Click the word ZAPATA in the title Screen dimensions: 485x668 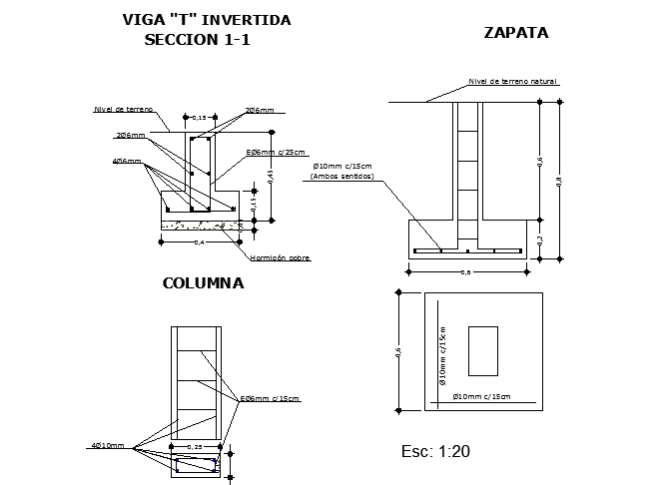coord(515,32)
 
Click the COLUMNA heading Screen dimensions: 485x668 coord(203,283)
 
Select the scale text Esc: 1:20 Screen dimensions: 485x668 coord(434,452)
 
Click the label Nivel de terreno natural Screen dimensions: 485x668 coord(512,82)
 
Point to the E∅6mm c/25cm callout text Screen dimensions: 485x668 coord(277,152)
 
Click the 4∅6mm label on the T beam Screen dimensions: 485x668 coord(126,161)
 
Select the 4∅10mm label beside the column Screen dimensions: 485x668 coord(109,445)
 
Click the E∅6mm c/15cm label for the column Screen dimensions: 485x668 coord(269,398)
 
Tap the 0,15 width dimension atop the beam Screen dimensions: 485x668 coord(200,118)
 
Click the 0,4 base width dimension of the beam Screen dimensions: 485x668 coord(199,242)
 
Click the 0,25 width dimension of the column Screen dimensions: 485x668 coord(196,446)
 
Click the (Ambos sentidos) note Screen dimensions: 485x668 coord(341,177)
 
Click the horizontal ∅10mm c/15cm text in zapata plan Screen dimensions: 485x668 coord(481,397)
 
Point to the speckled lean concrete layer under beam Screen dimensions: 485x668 coord(199,226)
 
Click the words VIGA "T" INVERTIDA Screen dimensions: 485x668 coord(206,19)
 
